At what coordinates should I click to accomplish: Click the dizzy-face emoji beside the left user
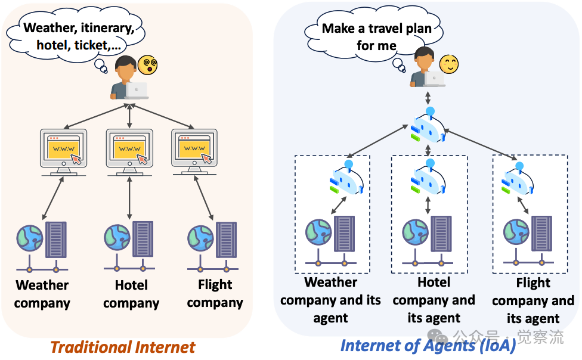pos(147,65)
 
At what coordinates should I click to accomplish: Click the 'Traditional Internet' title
pos(122,347)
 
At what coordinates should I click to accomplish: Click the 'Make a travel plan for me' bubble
pos(376,36)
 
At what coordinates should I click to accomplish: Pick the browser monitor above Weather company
pos(63,150)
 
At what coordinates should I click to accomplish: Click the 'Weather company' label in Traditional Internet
pos(42,294)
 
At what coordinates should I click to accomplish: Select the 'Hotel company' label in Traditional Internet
pos(131,294)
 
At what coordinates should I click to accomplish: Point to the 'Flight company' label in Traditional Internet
pos(215,294)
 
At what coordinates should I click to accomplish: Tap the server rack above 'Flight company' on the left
pos(226,239)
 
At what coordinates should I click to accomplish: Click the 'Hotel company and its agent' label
pos(434,300)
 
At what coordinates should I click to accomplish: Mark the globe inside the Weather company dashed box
pos(318,232)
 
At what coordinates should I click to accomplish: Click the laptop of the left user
pos(137,89)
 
